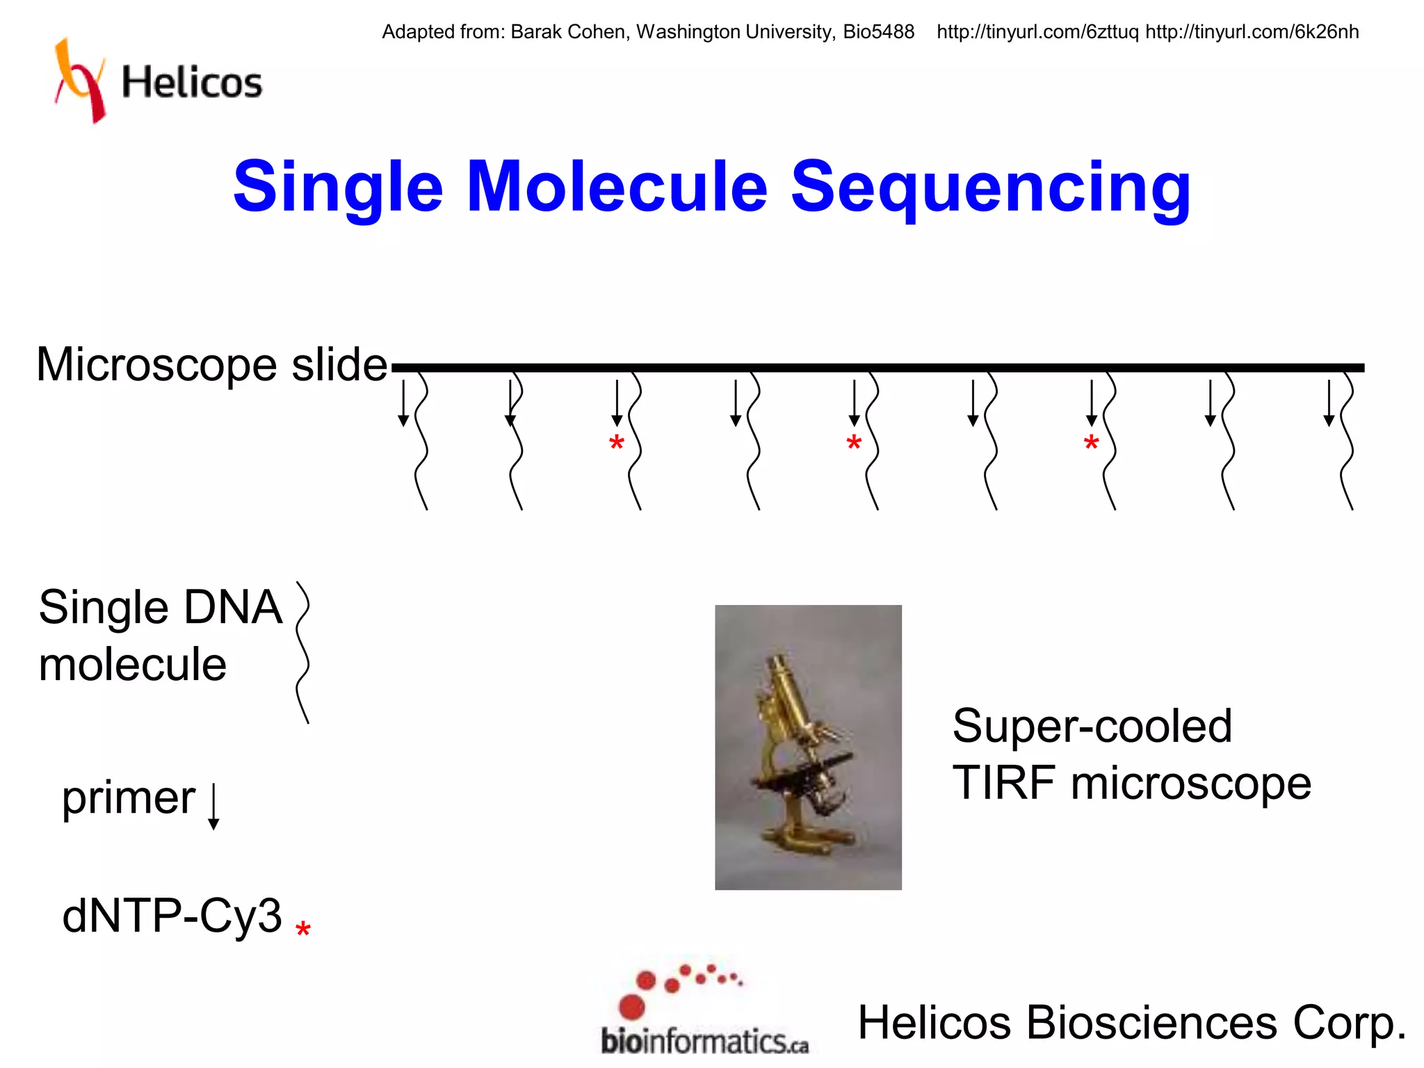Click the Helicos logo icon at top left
pos(80,80)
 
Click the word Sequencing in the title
pos(990,186)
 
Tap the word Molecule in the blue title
pos(617,186)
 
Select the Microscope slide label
pos(211,364)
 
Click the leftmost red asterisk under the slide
pos(616,443)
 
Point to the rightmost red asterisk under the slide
pos(1091,443)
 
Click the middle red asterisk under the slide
pos(854,443)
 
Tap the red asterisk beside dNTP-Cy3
pos(302,930)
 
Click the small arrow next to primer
pos(213,807)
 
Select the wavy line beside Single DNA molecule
pos(302,652)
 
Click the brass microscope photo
pos(808,747)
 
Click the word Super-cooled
pos(1092,726)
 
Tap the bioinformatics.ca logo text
pos(704,1042)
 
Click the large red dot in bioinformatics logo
pos(631,1006)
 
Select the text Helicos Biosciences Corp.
pos(1131,1023)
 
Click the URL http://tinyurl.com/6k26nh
pos(1252,32)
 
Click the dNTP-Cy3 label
pos(172,915)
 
